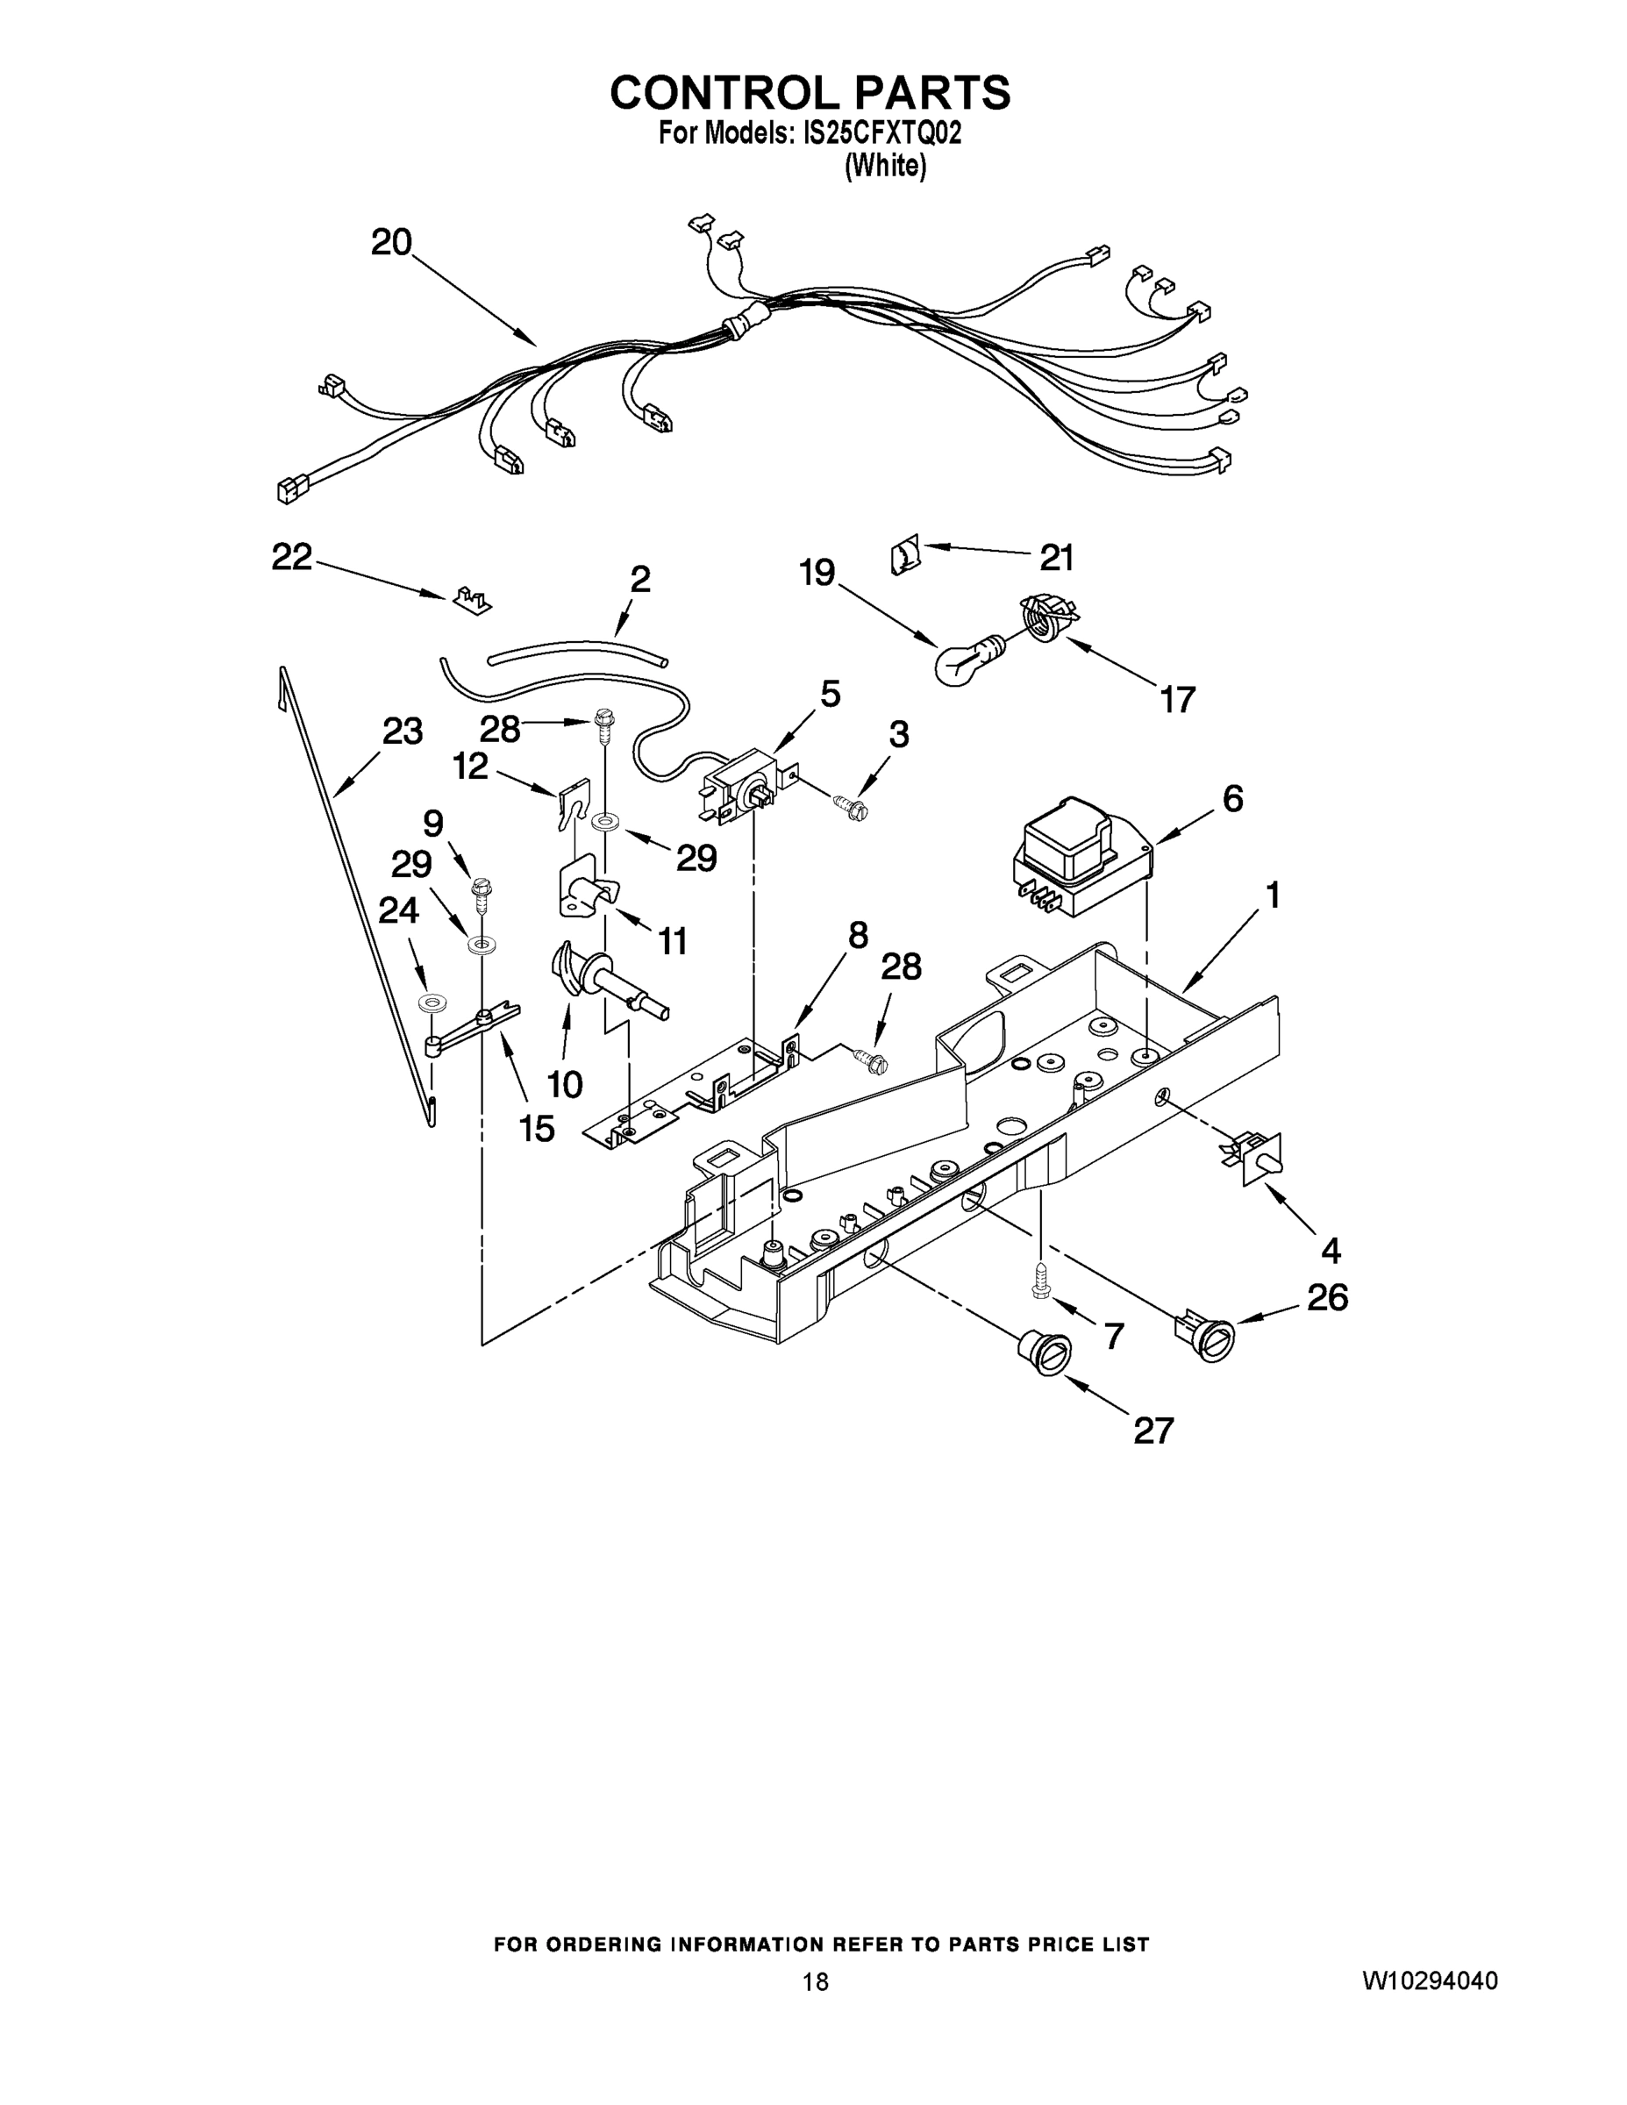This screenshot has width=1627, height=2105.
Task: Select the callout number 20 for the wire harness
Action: pos(391,242)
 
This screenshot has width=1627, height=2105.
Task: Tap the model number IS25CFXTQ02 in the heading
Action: pos(882,132)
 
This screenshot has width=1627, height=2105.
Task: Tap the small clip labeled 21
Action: pos(904,557)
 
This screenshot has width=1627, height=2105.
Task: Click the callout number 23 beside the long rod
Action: pos(402,731)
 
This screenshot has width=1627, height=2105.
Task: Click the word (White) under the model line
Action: pos(885,167)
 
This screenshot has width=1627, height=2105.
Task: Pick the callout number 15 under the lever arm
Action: pos(537,1129)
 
